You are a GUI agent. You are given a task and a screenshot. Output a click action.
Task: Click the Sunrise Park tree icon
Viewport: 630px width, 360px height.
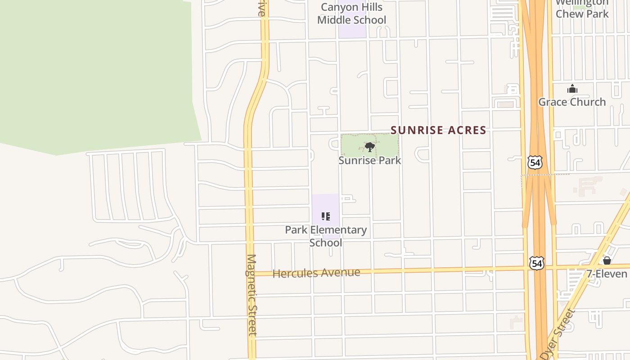369,147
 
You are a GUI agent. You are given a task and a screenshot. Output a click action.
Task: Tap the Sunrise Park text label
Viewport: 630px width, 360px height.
369,160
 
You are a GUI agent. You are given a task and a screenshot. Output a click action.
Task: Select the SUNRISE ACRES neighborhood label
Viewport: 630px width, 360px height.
438,130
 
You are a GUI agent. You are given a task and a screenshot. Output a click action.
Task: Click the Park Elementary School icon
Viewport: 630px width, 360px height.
326,216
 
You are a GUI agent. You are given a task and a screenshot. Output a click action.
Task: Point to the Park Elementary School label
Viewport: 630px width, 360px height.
326,236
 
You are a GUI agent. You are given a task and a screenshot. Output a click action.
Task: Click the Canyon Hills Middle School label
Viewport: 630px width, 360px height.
351,13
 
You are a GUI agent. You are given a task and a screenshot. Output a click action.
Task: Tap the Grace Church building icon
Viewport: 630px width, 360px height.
572,89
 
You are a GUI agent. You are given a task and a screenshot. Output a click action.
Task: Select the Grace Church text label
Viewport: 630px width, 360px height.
572,102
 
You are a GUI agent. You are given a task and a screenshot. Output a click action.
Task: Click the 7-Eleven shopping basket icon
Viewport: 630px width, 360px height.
607,261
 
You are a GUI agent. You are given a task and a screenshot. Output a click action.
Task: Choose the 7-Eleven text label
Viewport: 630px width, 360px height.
607,274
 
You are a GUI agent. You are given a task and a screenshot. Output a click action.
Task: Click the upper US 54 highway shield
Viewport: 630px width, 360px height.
535,162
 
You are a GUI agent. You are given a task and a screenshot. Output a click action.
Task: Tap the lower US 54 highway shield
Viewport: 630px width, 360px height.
536,263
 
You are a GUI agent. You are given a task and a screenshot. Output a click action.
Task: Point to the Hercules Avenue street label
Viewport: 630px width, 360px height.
316,273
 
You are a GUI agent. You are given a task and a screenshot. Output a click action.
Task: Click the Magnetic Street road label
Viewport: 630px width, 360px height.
251,295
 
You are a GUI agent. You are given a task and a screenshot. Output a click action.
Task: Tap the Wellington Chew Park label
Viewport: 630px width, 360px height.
582,9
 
